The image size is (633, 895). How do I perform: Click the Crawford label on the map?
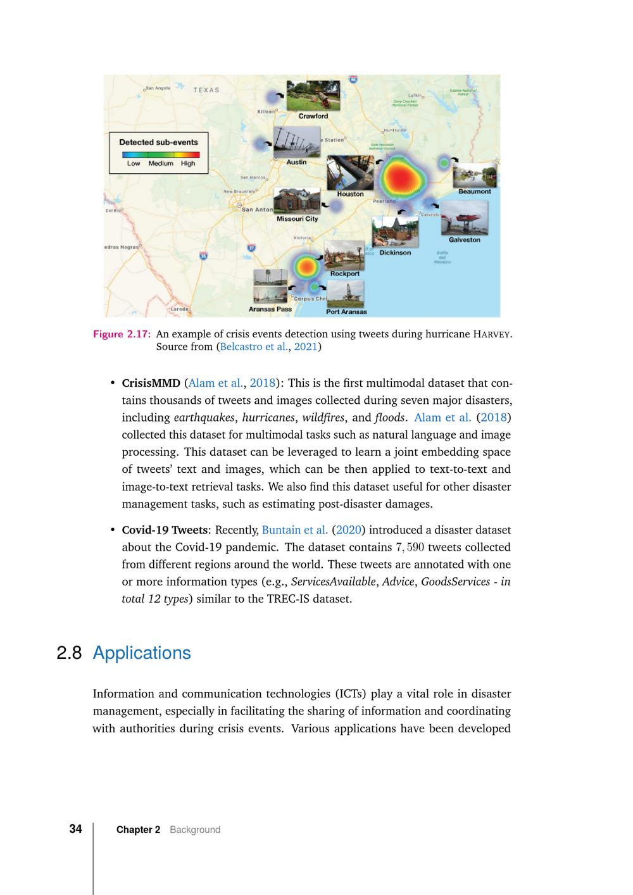click(x=313, y=116)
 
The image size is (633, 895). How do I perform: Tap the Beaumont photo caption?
click(x=474, y=191)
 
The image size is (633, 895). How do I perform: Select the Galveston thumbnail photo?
click(x=464, y=217)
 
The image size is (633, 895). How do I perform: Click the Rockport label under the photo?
click(x=345, y=273)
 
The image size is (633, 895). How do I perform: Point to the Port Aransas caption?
click(x=346, y=311)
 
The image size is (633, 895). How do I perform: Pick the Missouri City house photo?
click(x=296, y=201)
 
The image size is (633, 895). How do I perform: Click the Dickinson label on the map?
click(x=395, y=253)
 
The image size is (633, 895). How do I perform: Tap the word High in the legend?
click(x=188, y=163)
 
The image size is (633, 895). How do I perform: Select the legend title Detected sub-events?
click(x=158, y=142)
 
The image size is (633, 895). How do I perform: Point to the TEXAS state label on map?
click(x=206, y=90)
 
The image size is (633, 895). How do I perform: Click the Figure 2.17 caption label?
click(x=122, y=334)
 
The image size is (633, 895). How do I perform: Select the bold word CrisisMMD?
click(x=151, y=383)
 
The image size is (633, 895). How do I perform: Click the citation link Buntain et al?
click(x=294, y=530)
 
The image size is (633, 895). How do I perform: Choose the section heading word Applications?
click(x=142, y=653)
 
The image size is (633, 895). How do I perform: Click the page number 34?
click(x=75, y=829)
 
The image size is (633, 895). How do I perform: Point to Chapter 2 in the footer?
click(x=138, y=830)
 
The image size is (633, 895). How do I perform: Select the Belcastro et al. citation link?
click(x=253, y=347)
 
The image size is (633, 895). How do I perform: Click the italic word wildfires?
click(x=323, y=418)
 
